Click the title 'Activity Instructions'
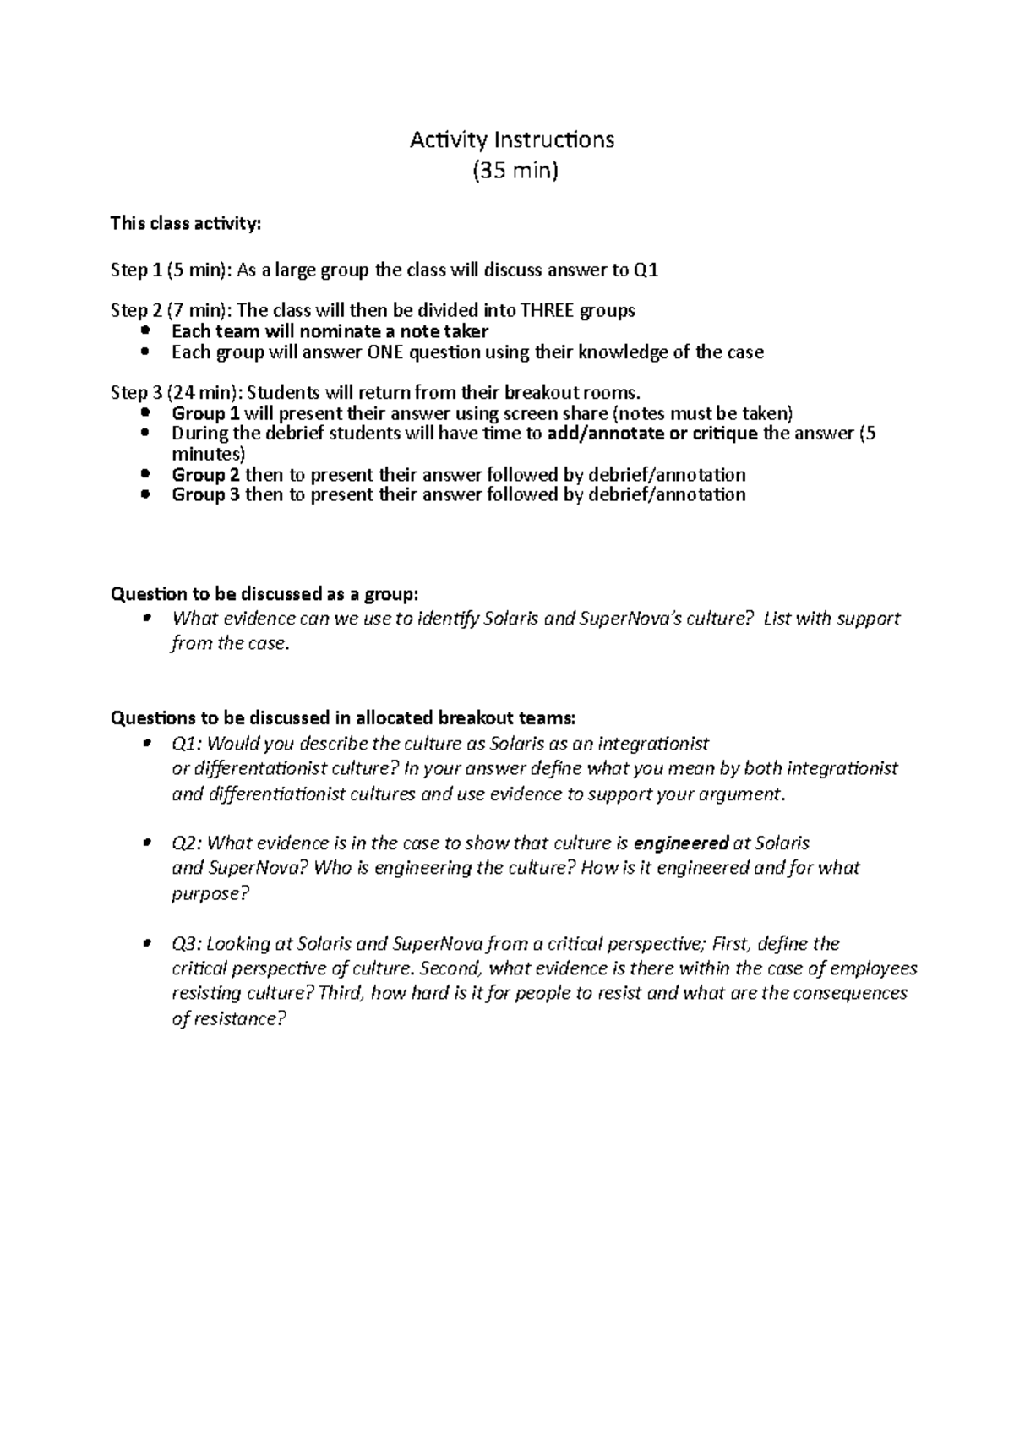[512, 139]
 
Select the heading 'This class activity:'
[187, 224]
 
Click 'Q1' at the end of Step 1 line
[646, 270]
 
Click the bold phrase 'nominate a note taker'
[394, 331]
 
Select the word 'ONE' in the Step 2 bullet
[385, 352]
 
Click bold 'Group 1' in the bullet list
[199, 413]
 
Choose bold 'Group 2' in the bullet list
[199, 474]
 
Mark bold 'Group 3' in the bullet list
[199, 494]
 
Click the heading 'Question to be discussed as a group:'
[264, 593]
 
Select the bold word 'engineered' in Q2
[681, 843]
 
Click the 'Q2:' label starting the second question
[187, 843]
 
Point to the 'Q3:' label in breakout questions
[187, 943]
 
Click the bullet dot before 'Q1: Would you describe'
[146, 743]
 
